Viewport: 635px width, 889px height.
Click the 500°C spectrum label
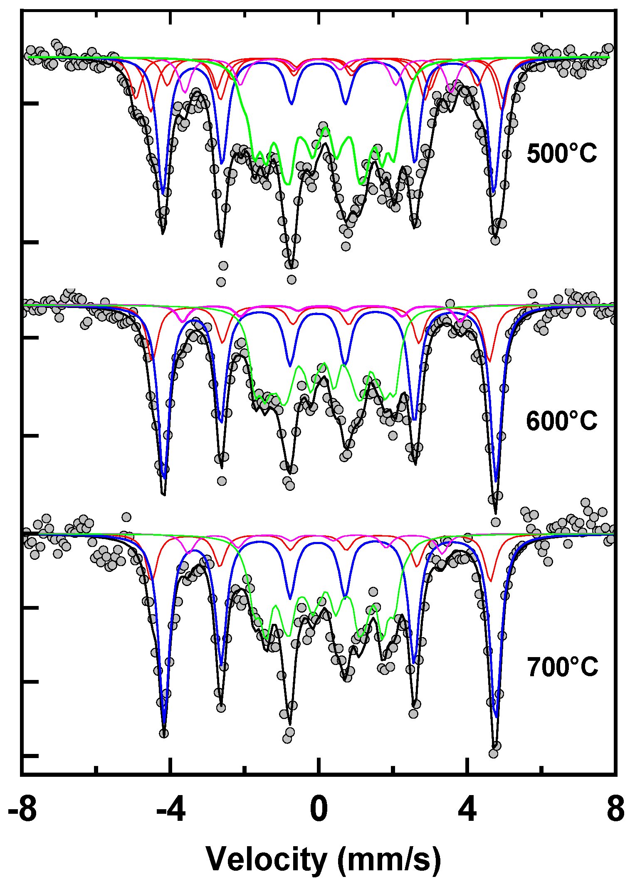pyautogui.click(x=561, y=153)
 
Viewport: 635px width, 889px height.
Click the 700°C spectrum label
pyautogui.click(x=562, y=667)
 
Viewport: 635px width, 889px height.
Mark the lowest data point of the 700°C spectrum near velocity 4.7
pyautogui.click(x=493, y=753)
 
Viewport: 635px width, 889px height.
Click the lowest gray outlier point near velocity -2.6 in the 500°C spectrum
pyautogui.click(x=221, y=282)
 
